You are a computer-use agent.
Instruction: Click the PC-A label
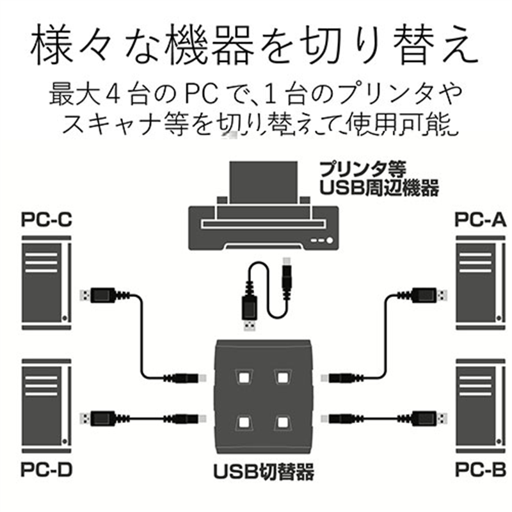(481, 220)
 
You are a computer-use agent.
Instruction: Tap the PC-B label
(481, 472)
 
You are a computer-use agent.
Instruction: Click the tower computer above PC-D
(45, 403)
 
